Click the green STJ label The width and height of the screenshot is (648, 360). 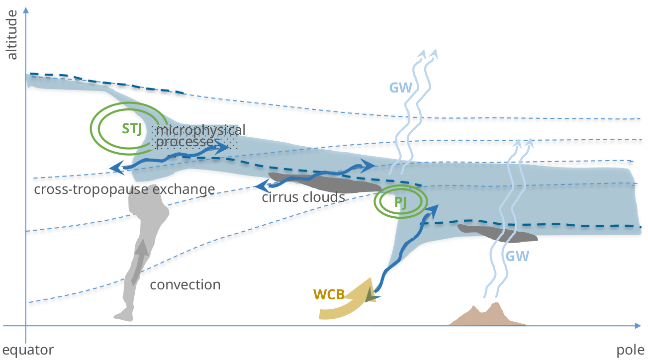132,129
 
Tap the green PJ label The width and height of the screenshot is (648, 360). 401,202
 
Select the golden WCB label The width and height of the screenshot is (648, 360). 329,294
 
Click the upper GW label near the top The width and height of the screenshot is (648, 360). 400,88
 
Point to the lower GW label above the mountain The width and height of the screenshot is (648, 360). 518,257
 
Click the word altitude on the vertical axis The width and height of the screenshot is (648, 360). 12,39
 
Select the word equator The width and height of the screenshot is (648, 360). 28,350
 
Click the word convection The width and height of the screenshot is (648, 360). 185,285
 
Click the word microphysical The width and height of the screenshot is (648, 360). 200,130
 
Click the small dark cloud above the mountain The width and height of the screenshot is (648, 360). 497,233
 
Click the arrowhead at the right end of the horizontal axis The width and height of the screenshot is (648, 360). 638,326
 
